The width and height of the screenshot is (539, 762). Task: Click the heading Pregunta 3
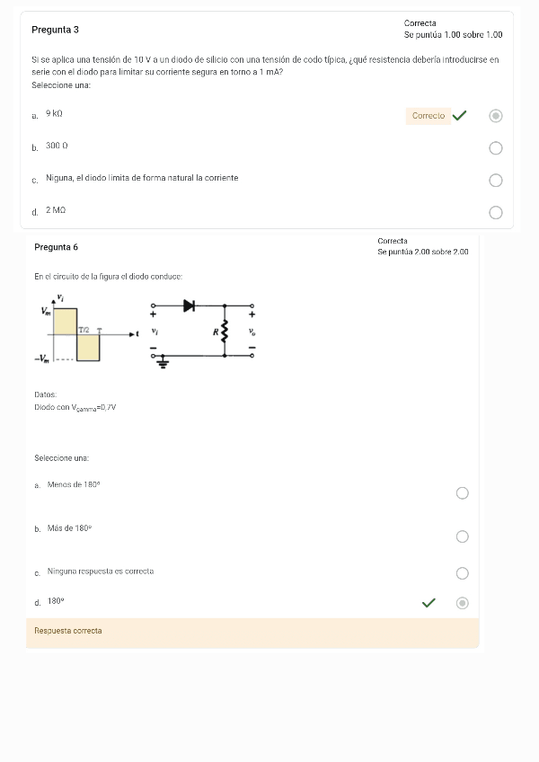point(55,30)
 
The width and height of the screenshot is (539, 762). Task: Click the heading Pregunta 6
point(56,247)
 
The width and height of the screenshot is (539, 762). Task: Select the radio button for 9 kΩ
point(496,116)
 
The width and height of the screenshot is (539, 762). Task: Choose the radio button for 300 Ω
point(496,148)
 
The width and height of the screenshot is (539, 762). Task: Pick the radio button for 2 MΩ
point(496,213)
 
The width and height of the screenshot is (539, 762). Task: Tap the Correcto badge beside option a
point(429,116)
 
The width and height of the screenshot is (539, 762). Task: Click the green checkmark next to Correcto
point(460,116)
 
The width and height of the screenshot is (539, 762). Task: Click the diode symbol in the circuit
point(189,306)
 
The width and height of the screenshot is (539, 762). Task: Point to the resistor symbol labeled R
point(224,331)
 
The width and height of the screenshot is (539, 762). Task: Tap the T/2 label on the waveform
point(84,330)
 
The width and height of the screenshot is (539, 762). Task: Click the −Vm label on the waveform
point(41,359)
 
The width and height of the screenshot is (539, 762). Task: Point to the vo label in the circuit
point(252,331)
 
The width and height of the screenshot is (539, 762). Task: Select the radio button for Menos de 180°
point(462,493)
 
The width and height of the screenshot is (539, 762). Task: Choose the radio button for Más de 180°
point(462,536)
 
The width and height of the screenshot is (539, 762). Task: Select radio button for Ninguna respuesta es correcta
point(462,573)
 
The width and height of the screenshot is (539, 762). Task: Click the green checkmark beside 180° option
point(429,603)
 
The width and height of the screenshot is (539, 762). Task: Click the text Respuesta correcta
point(68,631)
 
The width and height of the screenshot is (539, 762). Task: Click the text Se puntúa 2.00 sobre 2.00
point(423,253)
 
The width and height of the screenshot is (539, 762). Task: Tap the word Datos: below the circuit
point(46,394)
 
